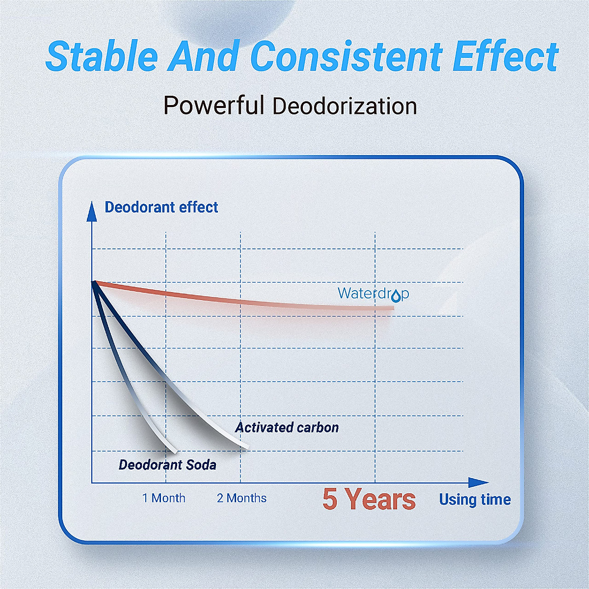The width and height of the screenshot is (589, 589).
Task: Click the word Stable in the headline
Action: tap(102, 56)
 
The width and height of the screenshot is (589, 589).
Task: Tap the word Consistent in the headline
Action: tap(347, 56)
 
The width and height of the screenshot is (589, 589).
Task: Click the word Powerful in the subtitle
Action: tap(214, 105)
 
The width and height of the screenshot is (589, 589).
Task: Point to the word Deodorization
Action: tap(345, 106)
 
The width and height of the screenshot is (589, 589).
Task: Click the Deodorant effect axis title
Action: tap(161, 207)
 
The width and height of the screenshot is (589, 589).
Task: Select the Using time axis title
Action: tap(475, 500)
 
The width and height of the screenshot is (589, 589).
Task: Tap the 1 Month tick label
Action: tap(164, 498)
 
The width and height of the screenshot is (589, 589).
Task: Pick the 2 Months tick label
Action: tap(242, 498)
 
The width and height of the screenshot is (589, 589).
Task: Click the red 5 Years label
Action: tap(369, 499)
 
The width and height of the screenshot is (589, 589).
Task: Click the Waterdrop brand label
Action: tap(373, 294)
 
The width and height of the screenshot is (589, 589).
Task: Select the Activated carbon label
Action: tap(287, 428)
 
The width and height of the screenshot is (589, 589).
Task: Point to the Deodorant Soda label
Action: tap(167, 465)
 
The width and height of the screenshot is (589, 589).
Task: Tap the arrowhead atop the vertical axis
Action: tap(92, 211)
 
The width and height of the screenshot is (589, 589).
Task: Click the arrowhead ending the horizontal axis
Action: tap(479, 483)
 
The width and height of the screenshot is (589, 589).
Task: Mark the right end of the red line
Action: tap(393, 308)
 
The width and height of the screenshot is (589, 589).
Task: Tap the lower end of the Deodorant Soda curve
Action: tap(175, 452)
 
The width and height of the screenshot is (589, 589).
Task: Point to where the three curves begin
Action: tap(94, 282)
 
